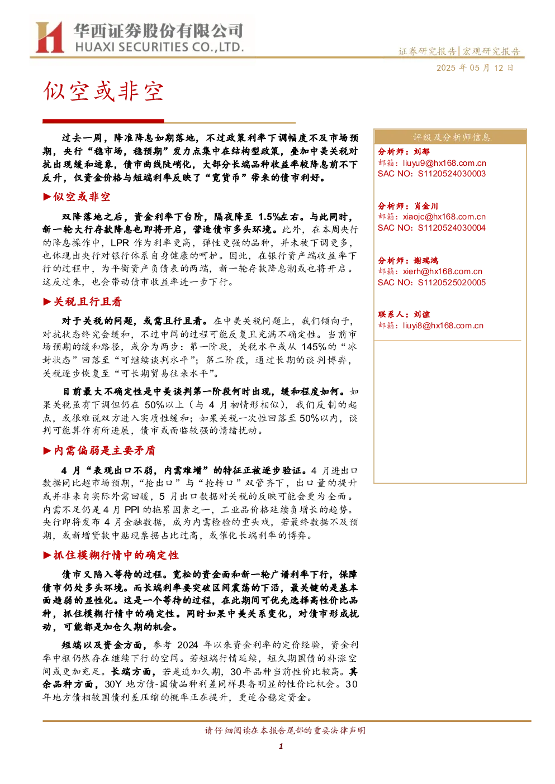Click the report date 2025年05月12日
pos(475,68)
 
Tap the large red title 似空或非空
pos(103,92)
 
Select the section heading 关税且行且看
pos(88,302)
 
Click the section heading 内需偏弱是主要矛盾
pos(105,451)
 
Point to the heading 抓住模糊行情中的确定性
pos(116,555)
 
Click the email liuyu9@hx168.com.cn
pos(444,163)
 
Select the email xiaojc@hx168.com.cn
pos(444,217)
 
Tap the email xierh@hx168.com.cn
pos(443,271)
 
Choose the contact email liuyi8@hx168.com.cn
pos(443,326)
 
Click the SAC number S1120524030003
pos(452,174)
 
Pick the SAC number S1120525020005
pos(452,283)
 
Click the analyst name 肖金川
pos(426,206)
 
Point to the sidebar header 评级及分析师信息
pos(451,137)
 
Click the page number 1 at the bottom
pos(281,746)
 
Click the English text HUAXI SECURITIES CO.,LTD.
pos(159,47)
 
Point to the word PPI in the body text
pos(132,509)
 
